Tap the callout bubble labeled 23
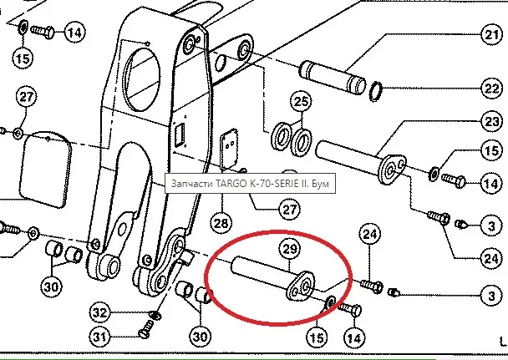490,120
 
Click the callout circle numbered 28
220,223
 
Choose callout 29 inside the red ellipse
289,251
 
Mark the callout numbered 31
101,337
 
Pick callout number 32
101,313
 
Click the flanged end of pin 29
301,286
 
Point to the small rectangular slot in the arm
178,134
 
